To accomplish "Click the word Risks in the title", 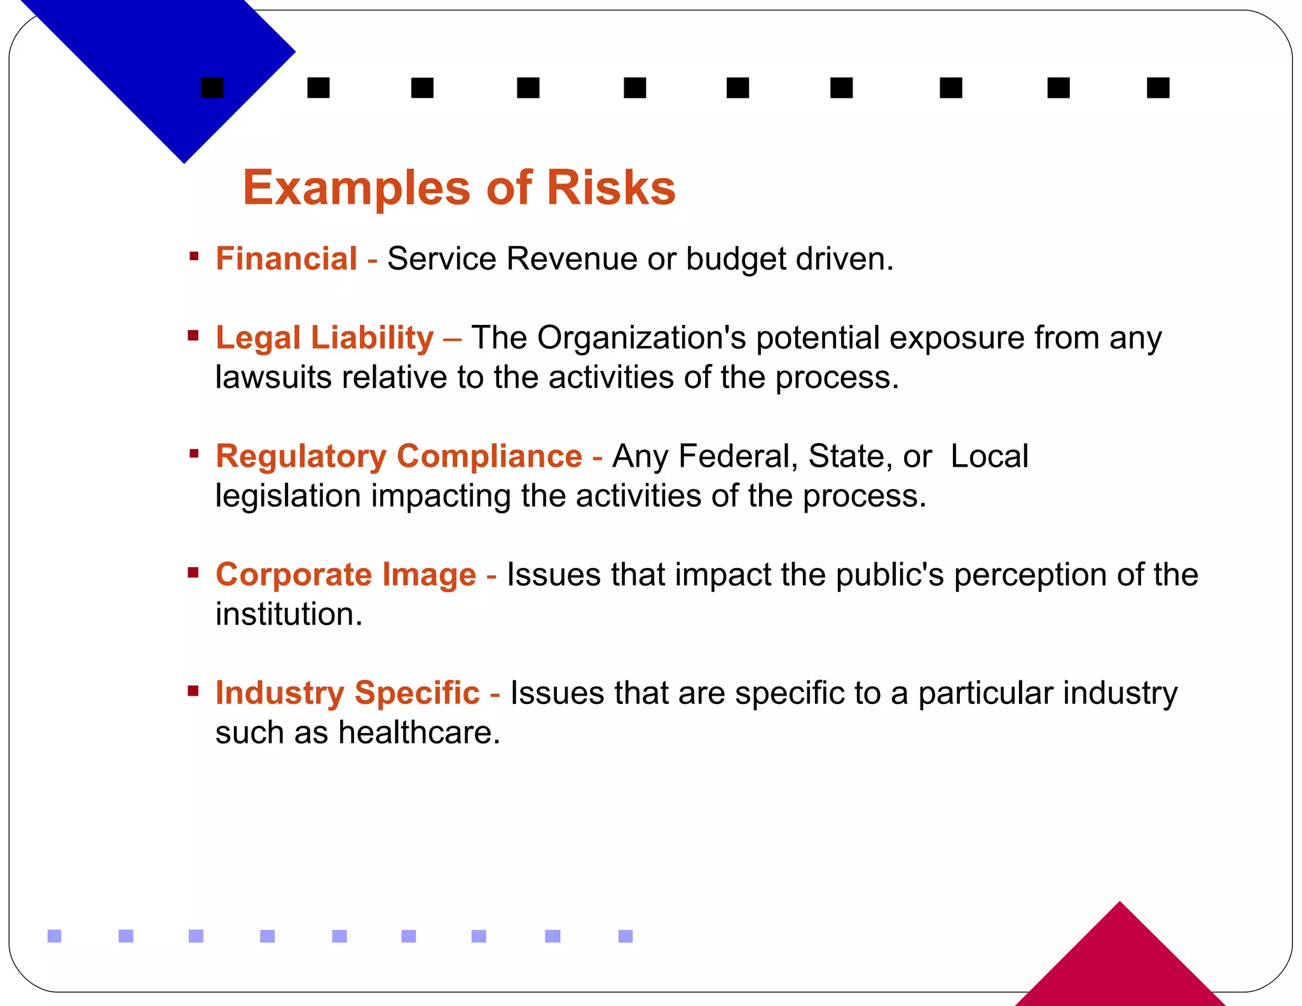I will click(x=611, y=188).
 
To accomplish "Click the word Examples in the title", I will click(x=357, y=189).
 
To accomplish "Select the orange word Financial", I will click(x=286, y=259).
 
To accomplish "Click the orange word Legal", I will click(x=257, y=338).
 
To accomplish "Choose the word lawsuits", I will click(x=273, y=377).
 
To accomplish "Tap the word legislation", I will click(x=288, y=496).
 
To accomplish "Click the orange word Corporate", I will click(x=294, y=575).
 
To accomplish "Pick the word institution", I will click(x=289, y=614).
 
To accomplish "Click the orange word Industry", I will click(x=279, y=693).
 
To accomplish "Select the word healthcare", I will click(x=419, y=733).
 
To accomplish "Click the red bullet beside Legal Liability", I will click(x=193, y=335).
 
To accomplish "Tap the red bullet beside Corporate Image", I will click(x=193, y=573).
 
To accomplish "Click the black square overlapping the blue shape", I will click(x=212, y=88).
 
